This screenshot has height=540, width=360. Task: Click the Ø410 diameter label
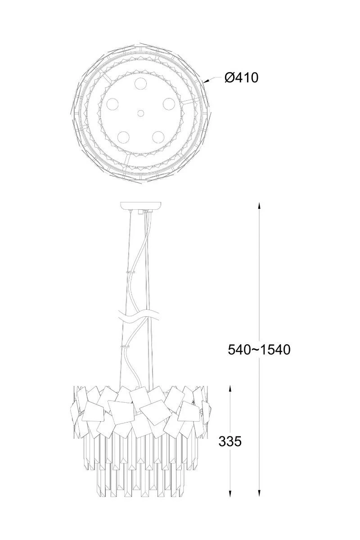241,77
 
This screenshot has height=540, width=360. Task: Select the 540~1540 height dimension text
259,350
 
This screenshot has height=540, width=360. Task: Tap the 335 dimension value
230,441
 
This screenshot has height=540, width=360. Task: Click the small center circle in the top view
140,113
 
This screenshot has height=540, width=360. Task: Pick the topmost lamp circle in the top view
140,84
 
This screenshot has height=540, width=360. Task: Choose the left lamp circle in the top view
112,104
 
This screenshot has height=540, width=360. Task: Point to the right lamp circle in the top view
169,104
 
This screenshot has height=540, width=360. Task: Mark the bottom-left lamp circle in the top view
123,137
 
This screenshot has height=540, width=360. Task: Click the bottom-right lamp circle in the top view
158,137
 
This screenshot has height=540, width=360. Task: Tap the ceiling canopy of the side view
140,206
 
